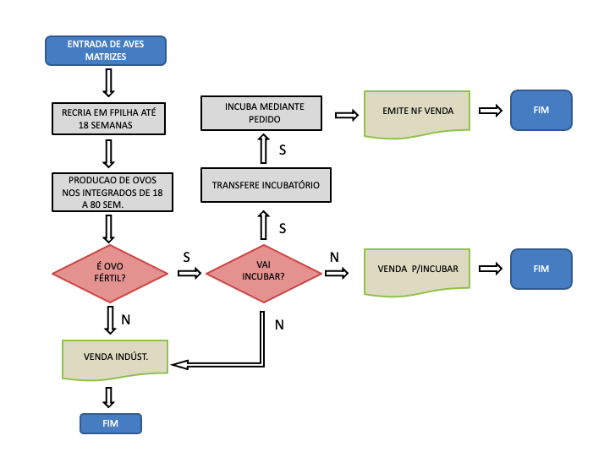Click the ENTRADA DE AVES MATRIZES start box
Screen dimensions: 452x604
[106, 51]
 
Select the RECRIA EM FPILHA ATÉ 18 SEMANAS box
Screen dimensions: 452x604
[108, 118]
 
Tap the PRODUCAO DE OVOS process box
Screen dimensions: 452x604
[112, 192]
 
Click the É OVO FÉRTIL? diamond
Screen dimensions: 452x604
[111, 272]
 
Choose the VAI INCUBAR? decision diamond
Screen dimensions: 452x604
[264, 272]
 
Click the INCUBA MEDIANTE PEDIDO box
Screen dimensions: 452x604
[264, 113]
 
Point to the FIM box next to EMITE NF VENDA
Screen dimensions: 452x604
[541, 111]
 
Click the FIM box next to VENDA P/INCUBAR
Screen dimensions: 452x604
[541, 269]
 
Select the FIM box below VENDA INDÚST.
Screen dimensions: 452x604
[110, 423]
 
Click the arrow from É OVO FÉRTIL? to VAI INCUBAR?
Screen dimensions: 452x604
[190, 273]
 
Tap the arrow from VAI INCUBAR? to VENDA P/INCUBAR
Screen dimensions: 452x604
[336, 273]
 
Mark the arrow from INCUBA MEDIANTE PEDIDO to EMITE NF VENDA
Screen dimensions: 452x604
[345, 114]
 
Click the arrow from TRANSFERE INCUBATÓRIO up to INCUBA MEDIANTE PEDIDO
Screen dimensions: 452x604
[263, 150]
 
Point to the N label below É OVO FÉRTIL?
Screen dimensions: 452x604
[125, 320]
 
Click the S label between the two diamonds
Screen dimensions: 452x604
[185, 255]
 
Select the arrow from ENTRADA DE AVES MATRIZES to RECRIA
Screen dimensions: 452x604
[108, 83]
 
